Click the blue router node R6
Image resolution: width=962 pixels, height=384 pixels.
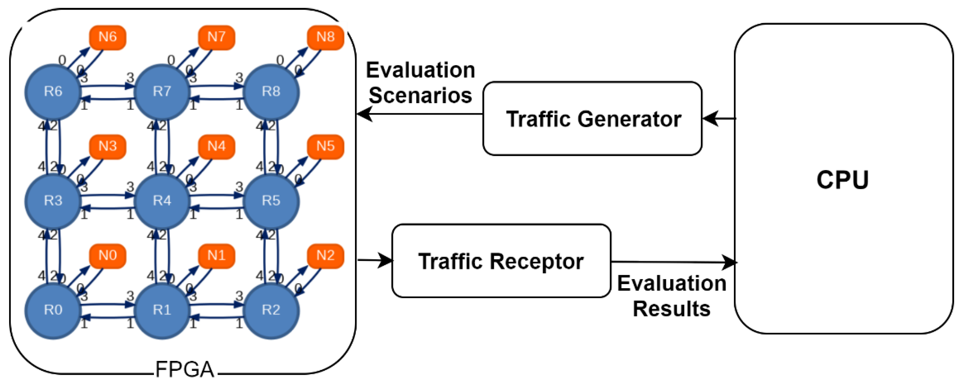click(x=53, y=91)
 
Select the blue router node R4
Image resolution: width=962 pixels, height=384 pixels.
click(x=162, y=201)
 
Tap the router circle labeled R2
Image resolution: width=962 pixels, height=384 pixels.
click(x=271, y=310)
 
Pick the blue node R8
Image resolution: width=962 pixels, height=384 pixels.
click(x=271, y=91)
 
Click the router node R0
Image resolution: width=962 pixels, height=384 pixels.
click(x=53, y=310)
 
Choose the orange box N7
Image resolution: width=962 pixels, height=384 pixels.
click(x=217, y=37)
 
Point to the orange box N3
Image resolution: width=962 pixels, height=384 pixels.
click(x=107, y=146)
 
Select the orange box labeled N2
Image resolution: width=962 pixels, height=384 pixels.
click(x=325, y=256)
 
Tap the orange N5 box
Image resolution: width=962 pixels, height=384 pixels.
click(x=325, y=146)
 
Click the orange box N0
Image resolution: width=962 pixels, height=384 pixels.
click(x=107, y=256)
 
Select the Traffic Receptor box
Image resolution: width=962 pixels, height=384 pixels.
click(x=501, y=261)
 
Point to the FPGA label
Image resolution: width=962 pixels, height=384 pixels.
click(x=185, y=369)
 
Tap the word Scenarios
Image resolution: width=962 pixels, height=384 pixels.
click(x=421, y=95)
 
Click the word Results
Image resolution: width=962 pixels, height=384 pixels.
click(x=671, y=309)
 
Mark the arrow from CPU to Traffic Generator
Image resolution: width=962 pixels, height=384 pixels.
click(x=719, y=119)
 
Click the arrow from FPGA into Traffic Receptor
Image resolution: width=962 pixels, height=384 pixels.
click(x=375, y=260)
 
